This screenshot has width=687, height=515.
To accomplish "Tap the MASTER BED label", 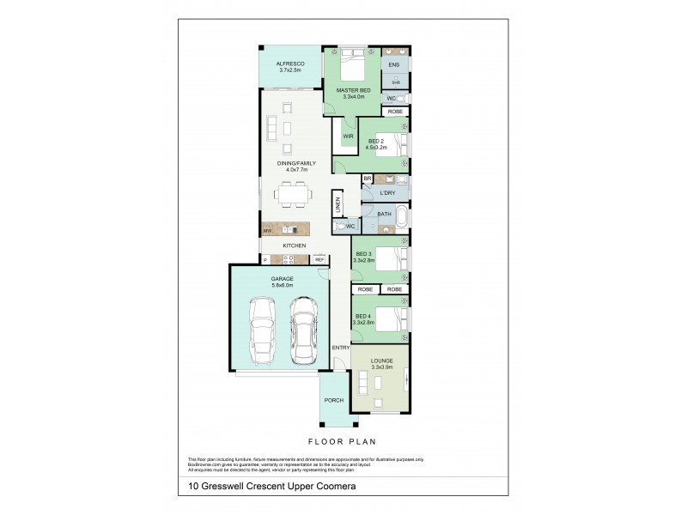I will click(353, 91).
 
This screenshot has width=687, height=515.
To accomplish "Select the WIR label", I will click(347, 136).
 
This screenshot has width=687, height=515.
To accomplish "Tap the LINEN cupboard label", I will click(338, 206).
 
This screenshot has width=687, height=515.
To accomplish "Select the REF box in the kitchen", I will click(319, 259).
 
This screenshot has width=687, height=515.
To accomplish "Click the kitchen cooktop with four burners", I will click(290, 258).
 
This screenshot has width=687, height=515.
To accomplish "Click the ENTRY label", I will click(340, 347).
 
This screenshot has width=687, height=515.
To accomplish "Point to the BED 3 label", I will click(363, 254).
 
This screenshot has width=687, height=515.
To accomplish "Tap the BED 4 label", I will click(363, 317).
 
